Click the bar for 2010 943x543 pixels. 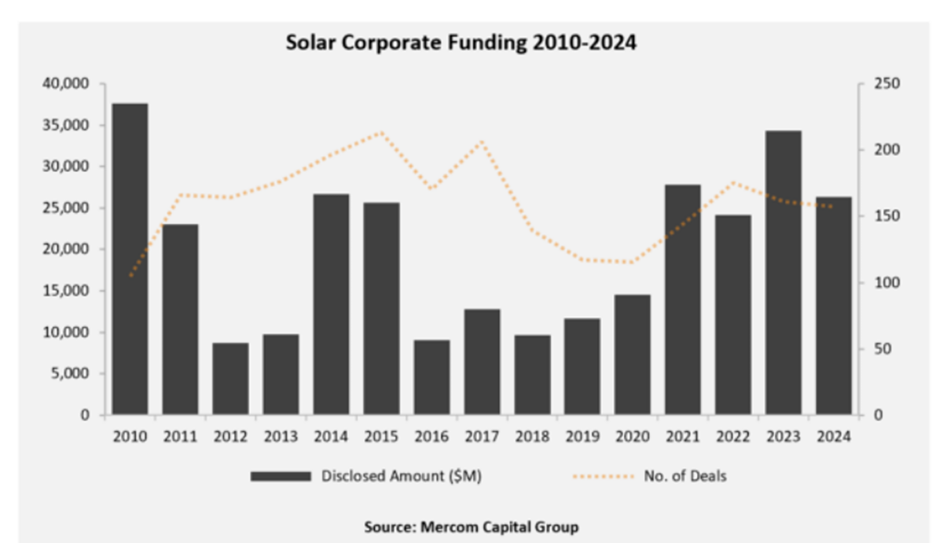130,259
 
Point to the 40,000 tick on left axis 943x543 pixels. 68,84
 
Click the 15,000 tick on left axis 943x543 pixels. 68,291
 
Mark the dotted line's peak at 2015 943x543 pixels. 381,132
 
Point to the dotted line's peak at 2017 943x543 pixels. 482,141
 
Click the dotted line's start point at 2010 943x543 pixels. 130,276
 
